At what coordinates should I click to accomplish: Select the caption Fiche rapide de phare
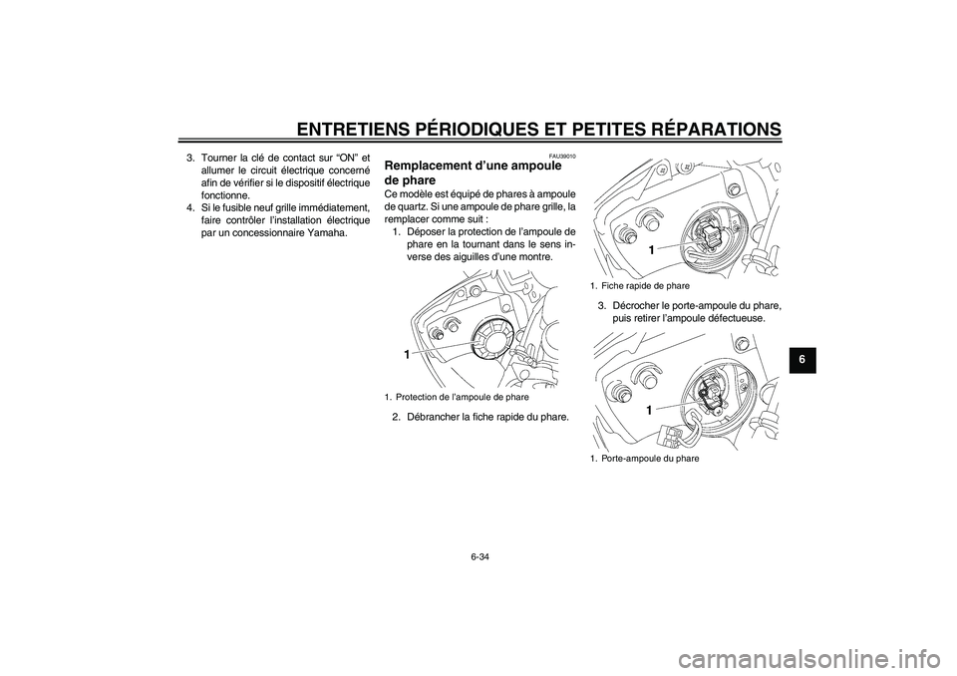tap(643, 285)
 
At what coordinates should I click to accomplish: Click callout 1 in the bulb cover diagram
tap(407, 354)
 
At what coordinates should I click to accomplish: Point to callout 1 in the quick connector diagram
tap(650, 251)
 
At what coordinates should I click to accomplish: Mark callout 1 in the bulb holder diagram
tap(649, 410)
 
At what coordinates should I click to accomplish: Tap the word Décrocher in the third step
tap(634, 305)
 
